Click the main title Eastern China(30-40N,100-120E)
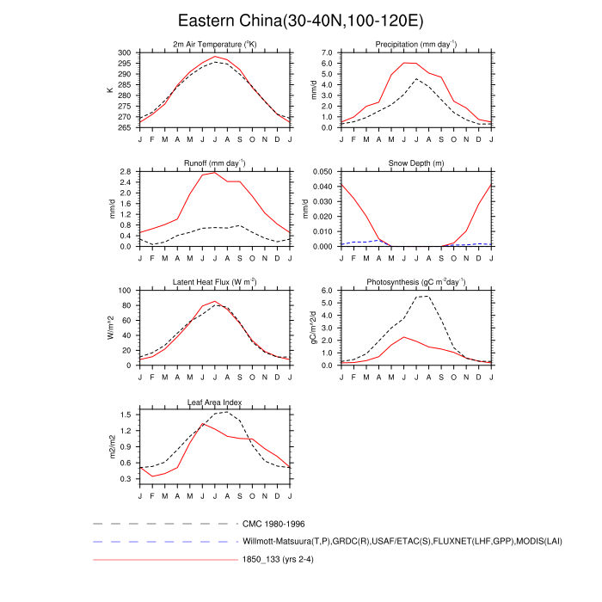click(300, 20)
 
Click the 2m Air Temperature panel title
click(215, 44)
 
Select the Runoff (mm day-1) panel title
click(215, 163)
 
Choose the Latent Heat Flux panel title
click(215, 281)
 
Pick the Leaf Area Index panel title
click(215, 401)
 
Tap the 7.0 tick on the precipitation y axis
click(326, 52)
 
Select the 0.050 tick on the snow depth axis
click(321, 171)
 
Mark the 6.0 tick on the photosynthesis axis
click(326, 291)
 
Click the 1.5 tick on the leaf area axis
click(126, 415)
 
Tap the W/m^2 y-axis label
click(109, 328)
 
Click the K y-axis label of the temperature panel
click(109, 89)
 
